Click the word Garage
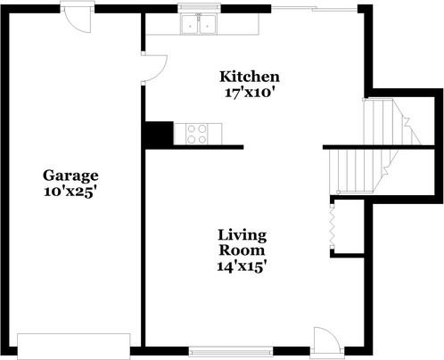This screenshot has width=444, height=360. (70, 176)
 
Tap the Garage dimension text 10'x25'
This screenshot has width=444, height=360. (70, 191)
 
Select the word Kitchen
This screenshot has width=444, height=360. (250, 77)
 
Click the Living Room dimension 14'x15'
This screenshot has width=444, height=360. (242, 265)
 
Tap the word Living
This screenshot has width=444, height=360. (242, 234)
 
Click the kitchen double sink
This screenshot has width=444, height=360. (197, 24)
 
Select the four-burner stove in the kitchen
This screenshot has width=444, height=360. (196, 134)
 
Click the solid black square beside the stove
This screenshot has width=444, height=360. (159, 134)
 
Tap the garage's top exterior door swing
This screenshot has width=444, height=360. (81, 20)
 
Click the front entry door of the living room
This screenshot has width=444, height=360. (325, 340)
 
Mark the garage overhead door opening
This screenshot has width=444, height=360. (76, 343)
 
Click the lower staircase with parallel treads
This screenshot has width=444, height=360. (356, 169)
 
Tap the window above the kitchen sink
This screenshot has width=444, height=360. (197, 7)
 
